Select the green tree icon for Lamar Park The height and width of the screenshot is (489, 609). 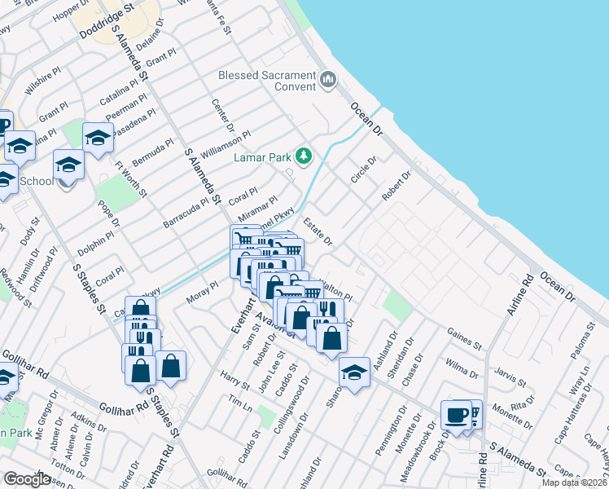[304, 156]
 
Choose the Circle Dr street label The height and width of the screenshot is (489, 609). [364, 171]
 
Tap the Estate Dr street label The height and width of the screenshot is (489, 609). [318, 231]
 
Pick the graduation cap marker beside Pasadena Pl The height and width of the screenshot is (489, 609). [98, 139]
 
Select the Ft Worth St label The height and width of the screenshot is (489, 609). [131, 179]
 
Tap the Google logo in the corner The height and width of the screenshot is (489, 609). [27, 479]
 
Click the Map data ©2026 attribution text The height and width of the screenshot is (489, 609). [574, 482]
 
